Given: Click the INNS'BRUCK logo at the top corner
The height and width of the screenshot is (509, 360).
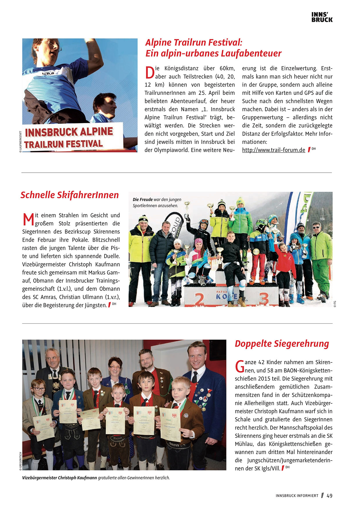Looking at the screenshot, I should tap(322, 17).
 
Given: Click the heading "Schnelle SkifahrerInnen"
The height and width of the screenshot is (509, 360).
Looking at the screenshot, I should tap(70, 195).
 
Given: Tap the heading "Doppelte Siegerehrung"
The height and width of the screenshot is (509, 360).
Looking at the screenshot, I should tap(282, 344).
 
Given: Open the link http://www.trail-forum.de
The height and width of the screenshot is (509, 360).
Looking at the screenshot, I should tap(273, 150).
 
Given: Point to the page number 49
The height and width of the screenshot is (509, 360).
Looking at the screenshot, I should tap(330, 496).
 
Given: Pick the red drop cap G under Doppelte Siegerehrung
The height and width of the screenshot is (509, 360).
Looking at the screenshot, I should tap(240, 366).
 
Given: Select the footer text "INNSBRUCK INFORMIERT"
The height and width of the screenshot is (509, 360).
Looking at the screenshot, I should tap(297, 496).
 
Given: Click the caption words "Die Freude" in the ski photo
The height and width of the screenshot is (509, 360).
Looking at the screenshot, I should tap(143, 200).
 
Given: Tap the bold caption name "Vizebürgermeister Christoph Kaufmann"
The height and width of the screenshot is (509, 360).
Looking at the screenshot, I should tap(60, 478).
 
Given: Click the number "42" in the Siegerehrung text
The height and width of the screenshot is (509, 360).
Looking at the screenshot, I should tap(261, 362).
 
